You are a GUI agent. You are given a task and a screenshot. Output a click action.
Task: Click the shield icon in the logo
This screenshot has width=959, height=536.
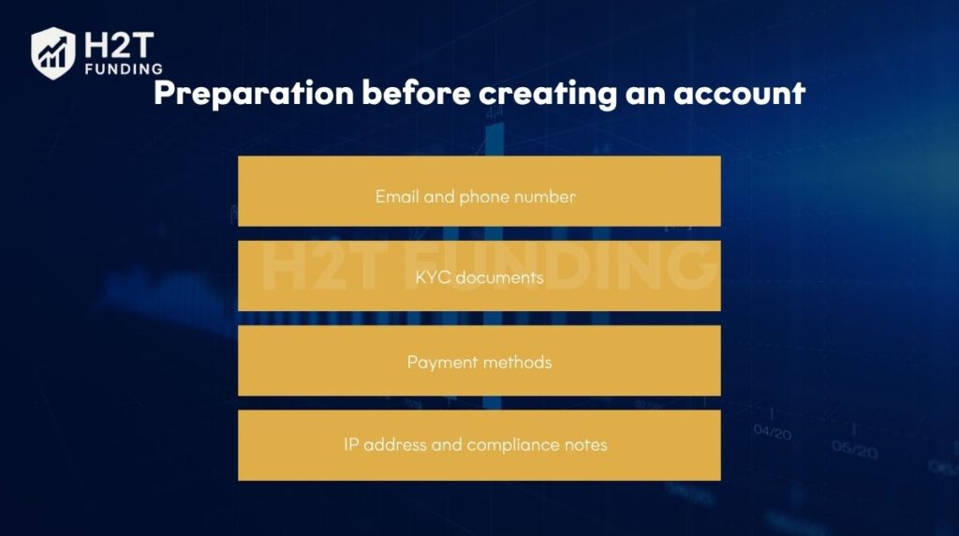pyautogui.click(x=52, y=52)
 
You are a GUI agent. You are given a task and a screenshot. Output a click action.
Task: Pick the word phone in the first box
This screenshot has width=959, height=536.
pyautogui.click(x=482, y=197)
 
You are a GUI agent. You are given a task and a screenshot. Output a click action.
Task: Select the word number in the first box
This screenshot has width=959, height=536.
pyautogui.click(x=544, y=197)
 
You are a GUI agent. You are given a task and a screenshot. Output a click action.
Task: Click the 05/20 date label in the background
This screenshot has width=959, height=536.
pyautogui.click(x=853, y=449)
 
